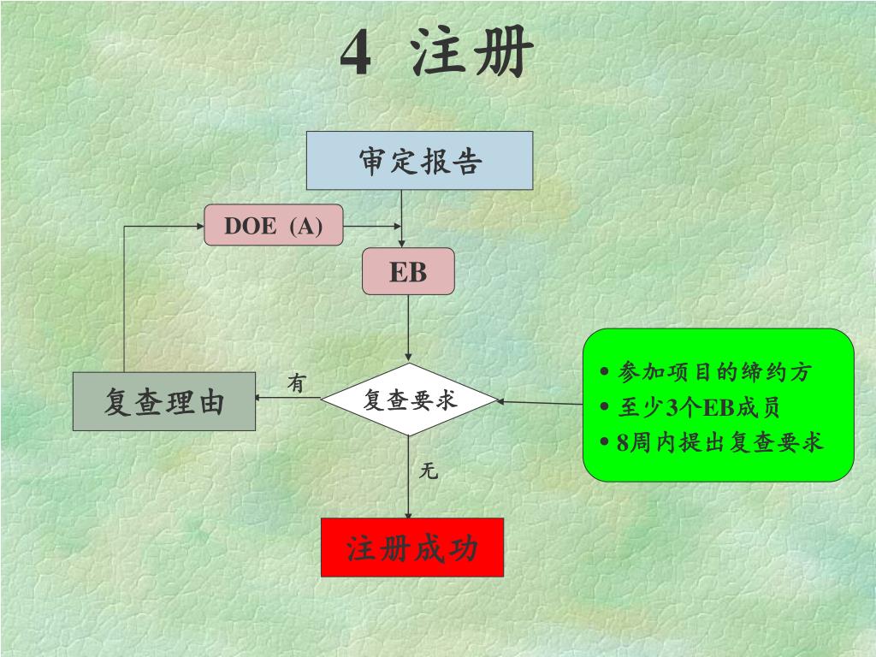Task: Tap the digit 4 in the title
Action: tap(356, 55)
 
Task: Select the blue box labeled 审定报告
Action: tap(419, 160)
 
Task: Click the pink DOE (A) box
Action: tap(273, 226)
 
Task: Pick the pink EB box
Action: tap(408, 272)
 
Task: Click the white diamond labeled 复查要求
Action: tap(409, 400)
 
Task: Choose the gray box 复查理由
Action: tap(164, 401)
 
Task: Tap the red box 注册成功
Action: tap(411, 547)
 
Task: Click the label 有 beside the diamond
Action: tap(296, 384)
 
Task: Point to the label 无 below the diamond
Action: tap(429, 471)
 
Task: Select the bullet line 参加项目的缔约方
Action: tap(713, 372)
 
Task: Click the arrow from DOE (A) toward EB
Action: tap(372, 226)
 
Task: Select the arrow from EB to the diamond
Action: tap(408, 329)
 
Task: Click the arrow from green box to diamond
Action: tap(539, 402)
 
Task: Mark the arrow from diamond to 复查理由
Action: tap(288, 398)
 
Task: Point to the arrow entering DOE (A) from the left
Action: tap(163, 226)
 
